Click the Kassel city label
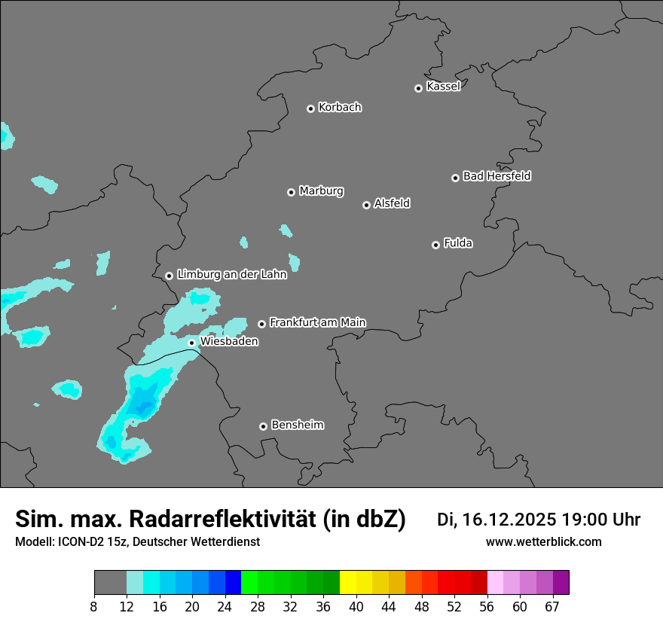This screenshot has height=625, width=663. [x=443, y=87]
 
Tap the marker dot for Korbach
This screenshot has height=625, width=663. [x=310, y=108]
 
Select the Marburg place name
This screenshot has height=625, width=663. [x=321, y=191]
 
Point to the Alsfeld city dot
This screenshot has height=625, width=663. [x=366, y=205]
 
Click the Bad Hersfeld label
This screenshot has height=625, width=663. [x=496, y=176]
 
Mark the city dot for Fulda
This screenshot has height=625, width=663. [x=435, y=245]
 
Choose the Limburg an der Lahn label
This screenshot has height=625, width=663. [x=231, y=275]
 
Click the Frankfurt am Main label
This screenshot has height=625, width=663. [x=317, y=322]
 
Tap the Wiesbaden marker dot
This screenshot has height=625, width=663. [x=191, y=343]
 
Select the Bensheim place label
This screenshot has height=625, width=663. [x=297, y=425]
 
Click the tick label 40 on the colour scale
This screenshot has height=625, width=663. [x=356, y=607]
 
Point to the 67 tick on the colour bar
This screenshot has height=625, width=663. [x=553, y=607]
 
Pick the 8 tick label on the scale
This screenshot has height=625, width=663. [x=94, y=607]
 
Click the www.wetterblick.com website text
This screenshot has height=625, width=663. [x=543, y=542]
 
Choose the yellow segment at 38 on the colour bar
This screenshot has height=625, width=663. [x=347, y=583]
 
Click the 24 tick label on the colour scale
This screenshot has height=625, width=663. [x=225, y=607]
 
